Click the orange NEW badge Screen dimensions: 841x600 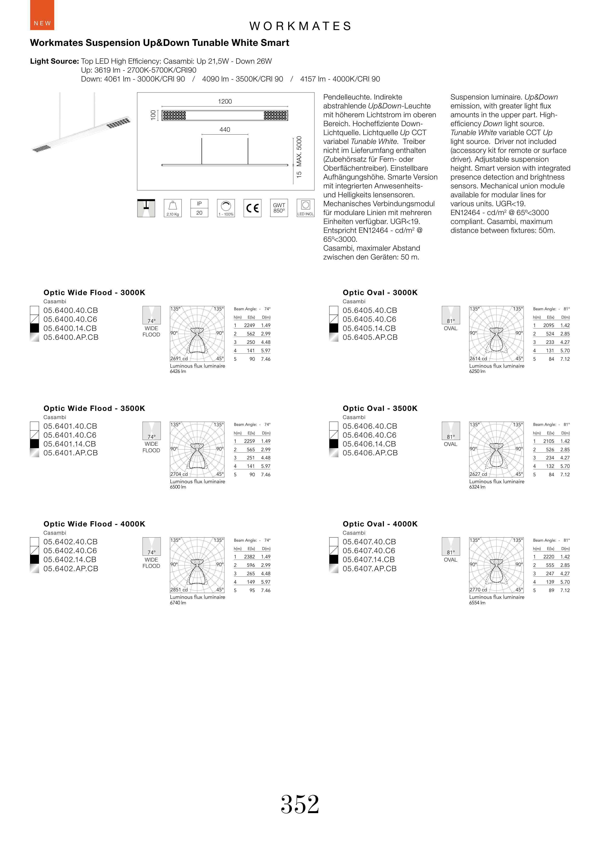(42, 15)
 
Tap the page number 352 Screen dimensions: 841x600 (300, 804)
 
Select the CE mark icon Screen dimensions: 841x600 (252, 208)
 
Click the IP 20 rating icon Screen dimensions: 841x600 (199, 208)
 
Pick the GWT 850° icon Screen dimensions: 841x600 (279, 208)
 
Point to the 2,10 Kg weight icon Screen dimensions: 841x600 (173, 208)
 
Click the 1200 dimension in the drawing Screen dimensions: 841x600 (225, 102)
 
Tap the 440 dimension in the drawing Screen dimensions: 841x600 (225, 130)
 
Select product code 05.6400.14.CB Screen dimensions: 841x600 (70, 328)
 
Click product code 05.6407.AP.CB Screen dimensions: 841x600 (369, 569)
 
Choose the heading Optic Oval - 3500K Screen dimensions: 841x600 (380, 408)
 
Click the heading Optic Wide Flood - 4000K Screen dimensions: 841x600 (94, 524)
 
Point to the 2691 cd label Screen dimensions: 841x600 (179, 358)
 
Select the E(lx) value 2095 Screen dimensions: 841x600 (549, 325)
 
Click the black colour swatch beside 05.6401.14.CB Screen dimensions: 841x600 (34, 444)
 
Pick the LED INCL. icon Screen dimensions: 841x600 (306, 208)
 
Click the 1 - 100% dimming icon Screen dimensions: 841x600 (226, 208)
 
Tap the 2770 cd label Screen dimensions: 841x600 (478, 590)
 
